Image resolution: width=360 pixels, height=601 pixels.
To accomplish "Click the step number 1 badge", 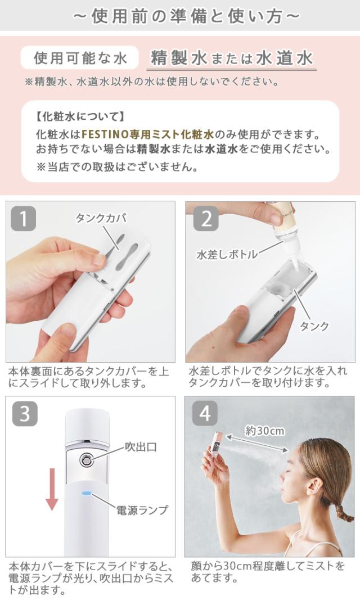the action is click(23, 219).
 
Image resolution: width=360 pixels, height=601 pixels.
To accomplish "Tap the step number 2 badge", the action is click(206, 219).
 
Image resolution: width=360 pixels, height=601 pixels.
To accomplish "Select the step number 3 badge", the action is click(25, 414).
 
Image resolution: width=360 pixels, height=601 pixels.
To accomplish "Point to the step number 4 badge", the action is click(205, 414).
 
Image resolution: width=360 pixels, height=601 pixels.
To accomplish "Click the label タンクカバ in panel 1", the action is click(101, 218).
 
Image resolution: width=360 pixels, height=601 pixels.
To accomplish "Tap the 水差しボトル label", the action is click(227, 254).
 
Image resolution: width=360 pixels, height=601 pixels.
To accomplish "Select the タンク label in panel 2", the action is click(314, 326).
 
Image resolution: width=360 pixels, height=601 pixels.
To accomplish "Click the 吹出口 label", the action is click(141, 446).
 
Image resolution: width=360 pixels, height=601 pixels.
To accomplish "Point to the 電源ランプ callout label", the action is click(142, 510).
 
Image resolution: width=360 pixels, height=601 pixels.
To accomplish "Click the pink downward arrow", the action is click(52, 489).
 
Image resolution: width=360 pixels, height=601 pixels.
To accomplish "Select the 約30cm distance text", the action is click(264, 431).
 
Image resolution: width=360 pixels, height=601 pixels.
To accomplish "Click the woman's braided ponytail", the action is click(341, 510).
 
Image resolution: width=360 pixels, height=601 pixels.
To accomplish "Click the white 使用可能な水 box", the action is click(80, 58).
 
